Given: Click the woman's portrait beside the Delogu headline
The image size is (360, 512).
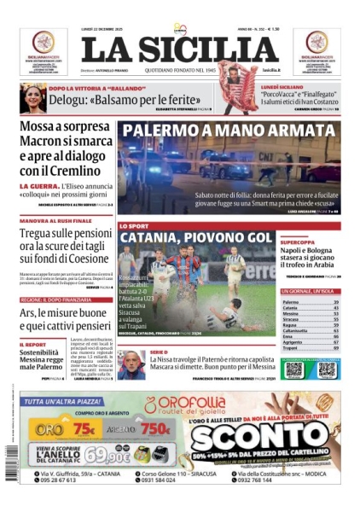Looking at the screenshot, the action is [32, 97].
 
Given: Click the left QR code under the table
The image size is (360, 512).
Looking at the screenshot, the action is [293, 369].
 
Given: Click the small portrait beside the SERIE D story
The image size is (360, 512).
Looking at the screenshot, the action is [131, 365].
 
